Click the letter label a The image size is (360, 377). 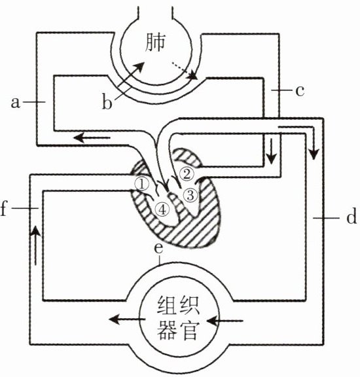pyautogui.click(x=16, y=103)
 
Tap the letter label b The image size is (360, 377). pyautogui.click(x=107, y=103)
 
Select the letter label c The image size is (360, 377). pyautogui.click(x=300, y=91)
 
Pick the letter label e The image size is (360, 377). pyautogui.click(x=158, y=248)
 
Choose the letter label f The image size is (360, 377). pyautogui.click(x=3, y=208)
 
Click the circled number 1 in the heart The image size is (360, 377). pyautogui.click(x=142, y=184)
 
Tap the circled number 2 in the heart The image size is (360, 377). pyautogui.click(x=187, y=174)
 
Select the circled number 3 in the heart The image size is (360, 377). pyautogui.click(x=190, y=195)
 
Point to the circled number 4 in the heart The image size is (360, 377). pyautogui.click(x=162, y=210)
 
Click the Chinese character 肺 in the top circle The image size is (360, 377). pyautogui.click(x=156, y=43)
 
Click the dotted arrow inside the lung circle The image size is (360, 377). pyautogui.click(x=184, y=71)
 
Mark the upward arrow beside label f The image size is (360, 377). pyautogui.click(x=36, y=245)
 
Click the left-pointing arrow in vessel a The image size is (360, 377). pyautogui.click(x=92, y=138)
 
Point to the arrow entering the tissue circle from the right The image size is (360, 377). pyautogui.click(x=225, y=321)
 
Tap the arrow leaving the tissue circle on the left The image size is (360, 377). pyautogui.click(x=127, y=319)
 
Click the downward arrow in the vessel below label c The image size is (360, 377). pyautogui.click(x=272, y=151)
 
